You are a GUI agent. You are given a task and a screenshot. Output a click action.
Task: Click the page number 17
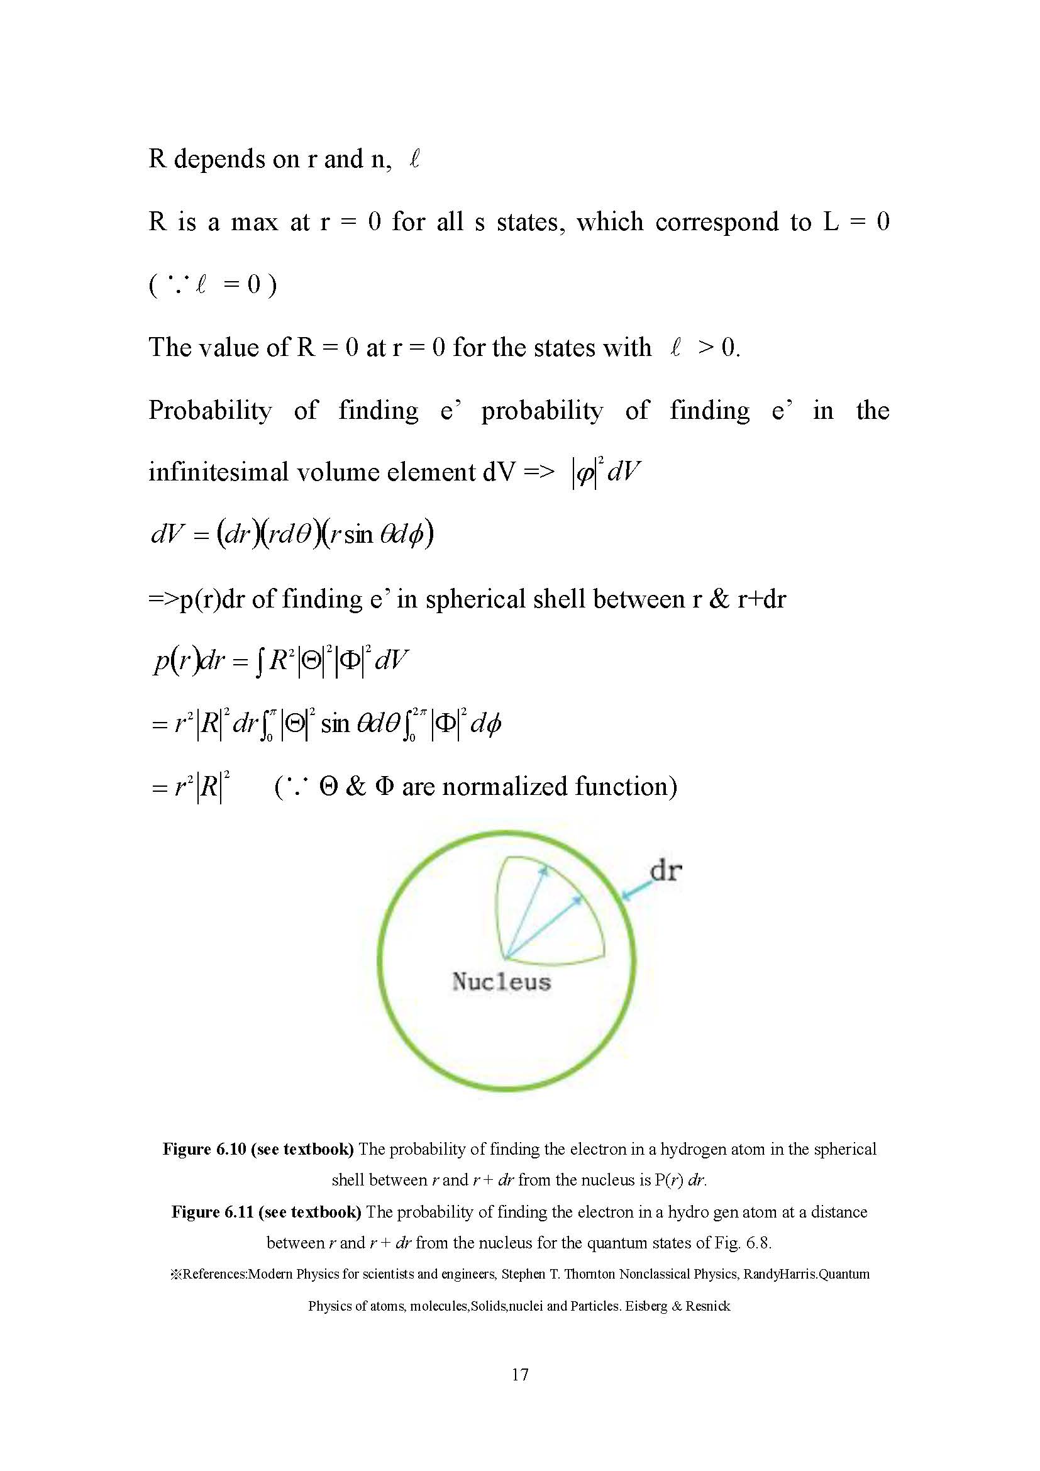click(x=520, y=1374)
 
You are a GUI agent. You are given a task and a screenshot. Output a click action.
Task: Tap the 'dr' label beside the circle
click(x=666, y=871)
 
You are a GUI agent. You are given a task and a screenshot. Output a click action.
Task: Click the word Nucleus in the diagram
click(x=501, y=982)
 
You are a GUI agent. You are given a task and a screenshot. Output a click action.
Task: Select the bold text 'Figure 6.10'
click(x=204, y=1149)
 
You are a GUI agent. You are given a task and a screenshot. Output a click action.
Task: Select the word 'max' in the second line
click(x=254, y=221)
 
